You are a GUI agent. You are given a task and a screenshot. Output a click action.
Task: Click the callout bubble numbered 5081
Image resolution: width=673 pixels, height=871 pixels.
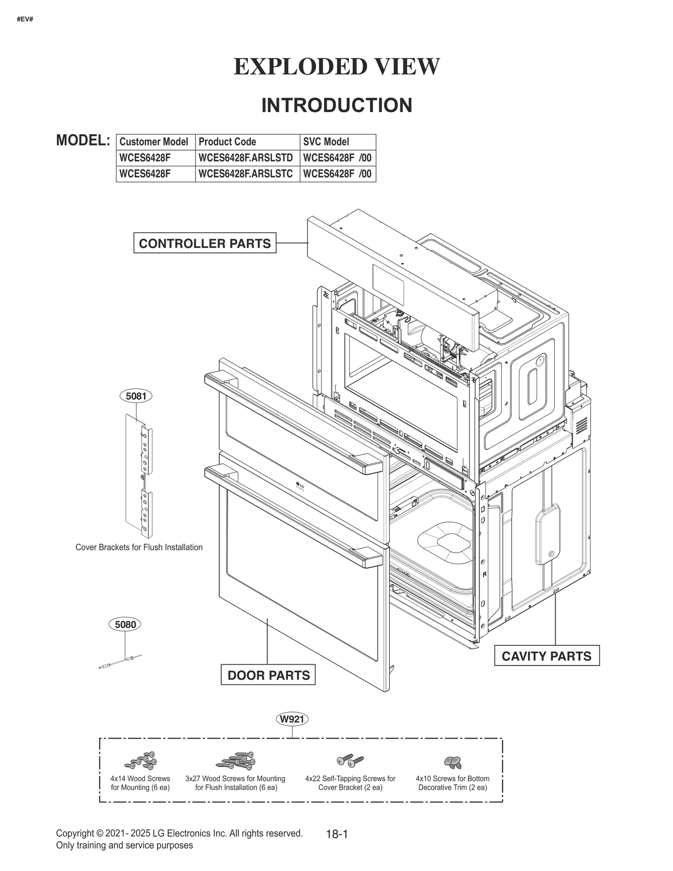point(136,396)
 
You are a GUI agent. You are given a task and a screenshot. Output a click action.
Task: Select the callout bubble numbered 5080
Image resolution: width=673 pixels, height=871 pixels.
point(125,624)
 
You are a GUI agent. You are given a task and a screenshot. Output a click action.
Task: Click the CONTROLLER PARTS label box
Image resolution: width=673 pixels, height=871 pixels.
point(205,243)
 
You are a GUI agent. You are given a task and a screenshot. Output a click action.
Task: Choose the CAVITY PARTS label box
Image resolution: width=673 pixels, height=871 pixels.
point(546,656)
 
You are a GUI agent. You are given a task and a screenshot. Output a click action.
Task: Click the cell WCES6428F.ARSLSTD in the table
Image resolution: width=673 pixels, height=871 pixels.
point(246,158)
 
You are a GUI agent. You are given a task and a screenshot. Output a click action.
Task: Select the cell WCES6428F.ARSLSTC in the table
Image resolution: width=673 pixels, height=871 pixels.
point(246,174)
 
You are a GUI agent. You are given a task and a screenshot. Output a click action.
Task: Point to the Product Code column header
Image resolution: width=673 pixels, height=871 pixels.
point(228,142)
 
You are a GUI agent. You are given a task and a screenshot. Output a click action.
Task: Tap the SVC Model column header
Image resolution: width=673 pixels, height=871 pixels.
point(326,142)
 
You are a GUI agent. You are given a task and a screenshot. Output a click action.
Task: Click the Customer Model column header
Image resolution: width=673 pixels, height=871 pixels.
point(154,142)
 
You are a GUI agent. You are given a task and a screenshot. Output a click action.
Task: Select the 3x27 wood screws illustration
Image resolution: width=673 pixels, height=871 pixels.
point(236,760)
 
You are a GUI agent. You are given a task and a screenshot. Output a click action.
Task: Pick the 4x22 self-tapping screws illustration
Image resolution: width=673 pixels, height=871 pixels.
point(350,760)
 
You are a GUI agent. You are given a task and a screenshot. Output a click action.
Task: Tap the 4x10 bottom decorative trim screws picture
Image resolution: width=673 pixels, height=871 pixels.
point(453,761)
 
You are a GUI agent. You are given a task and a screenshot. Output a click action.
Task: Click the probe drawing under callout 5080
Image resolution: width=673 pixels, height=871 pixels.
point(120,662)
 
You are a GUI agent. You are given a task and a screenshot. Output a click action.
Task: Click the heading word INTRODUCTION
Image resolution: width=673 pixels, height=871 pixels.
point(336,105)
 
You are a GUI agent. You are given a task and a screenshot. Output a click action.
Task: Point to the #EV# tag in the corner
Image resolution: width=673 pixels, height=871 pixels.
point(25,19)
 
